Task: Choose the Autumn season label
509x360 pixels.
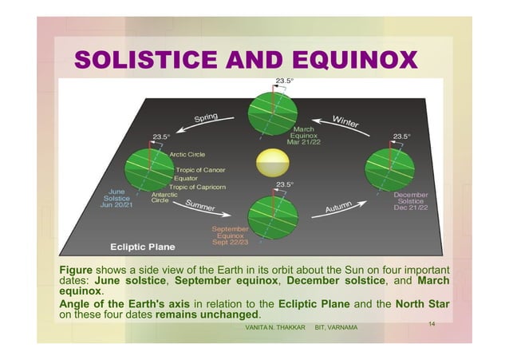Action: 341,209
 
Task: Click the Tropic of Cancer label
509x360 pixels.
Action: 200,169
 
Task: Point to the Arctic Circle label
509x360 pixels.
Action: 186,154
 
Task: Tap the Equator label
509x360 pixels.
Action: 187,178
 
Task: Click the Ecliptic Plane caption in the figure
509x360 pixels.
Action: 142,247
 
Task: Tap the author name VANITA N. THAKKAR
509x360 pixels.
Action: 275,327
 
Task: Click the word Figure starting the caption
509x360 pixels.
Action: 77,269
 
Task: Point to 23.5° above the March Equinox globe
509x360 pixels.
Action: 285,81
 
